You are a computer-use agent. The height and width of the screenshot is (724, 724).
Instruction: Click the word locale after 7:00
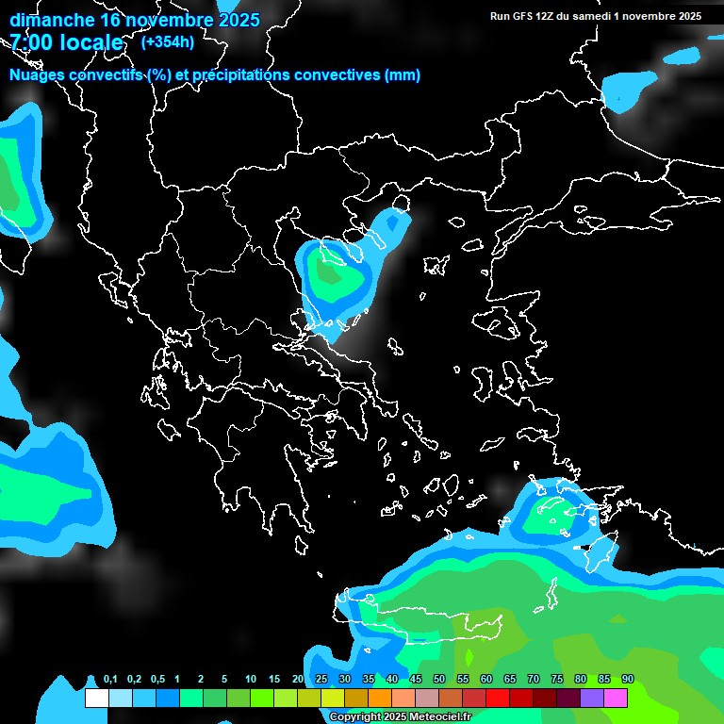(90, 43)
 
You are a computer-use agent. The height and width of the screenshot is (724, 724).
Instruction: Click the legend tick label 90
(627, 680)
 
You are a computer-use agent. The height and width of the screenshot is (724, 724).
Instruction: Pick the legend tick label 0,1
(110, 680)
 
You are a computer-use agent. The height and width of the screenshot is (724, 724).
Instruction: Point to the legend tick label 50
(439, 680)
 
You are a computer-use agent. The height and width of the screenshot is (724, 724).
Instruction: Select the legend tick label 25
(321, 680)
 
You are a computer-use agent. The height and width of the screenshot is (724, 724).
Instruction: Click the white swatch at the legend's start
(96, 699)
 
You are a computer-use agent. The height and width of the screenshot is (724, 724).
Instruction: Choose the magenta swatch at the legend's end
(616, 699)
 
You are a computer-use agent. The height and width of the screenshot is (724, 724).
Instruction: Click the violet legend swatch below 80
(592, 699)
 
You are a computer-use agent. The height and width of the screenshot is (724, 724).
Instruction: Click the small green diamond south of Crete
(469, 657)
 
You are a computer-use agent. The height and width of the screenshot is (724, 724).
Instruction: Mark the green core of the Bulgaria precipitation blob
(329, 274)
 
